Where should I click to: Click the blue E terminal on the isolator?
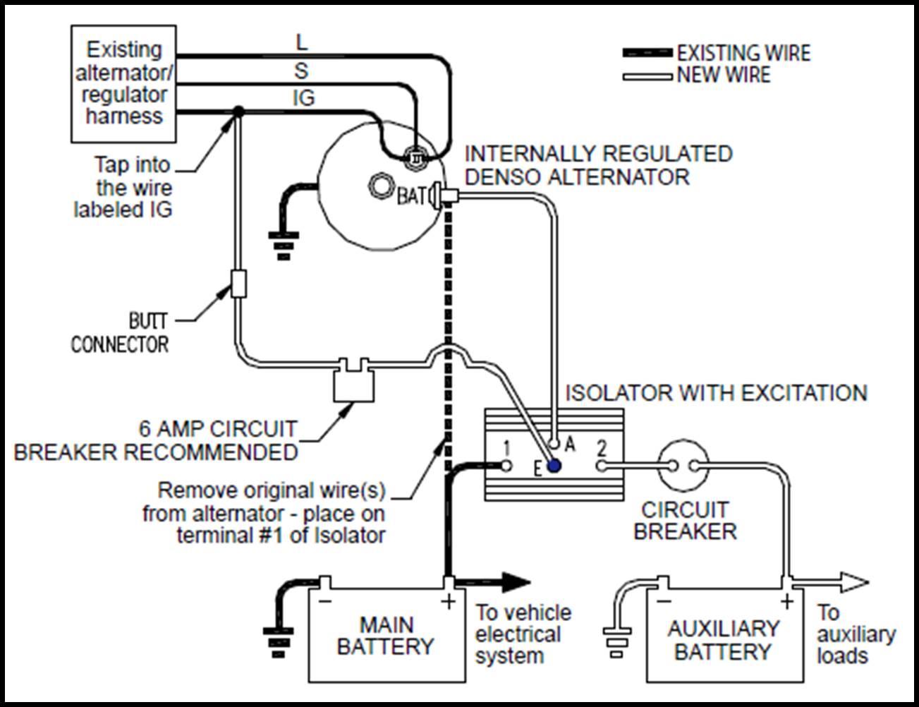tap(554, 466)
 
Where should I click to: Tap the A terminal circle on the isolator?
tap(554, 445)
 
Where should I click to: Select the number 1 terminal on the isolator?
tap(506, 466)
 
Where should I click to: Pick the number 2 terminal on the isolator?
tap(602, 466)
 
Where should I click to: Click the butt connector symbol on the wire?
tap(238, 284)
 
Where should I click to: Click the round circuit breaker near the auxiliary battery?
tap(683, 466)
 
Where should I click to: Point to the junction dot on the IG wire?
tap(238, 111)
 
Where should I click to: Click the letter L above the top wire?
tap(301, 42)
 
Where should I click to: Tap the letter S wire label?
tap(301, 71)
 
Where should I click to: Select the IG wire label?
tap(304, 98)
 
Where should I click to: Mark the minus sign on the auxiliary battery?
tap(664, 600)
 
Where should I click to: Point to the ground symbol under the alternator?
tap(284, 246)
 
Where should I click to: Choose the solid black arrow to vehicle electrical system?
tap(493, 583)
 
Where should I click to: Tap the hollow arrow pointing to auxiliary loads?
tap(829, 583)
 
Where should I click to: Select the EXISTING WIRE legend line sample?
tap(647, 53)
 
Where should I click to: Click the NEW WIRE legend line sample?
tap(647, 77)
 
